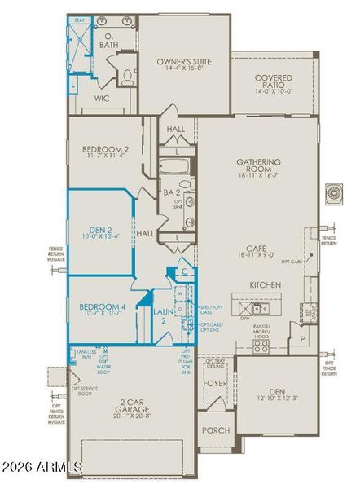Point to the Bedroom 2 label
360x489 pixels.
(106, 150)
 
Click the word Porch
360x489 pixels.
(216, 430)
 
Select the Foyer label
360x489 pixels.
(215, 382)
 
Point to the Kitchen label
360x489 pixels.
(266, 285)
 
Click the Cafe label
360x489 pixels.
(259, 250)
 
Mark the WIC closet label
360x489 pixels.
(103, 98)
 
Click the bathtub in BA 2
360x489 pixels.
(175, 166)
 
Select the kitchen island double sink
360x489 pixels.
(258, 309)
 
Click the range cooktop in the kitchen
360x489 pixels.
(260, 346)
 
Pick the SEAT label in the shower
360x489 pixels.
(80, 20)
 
